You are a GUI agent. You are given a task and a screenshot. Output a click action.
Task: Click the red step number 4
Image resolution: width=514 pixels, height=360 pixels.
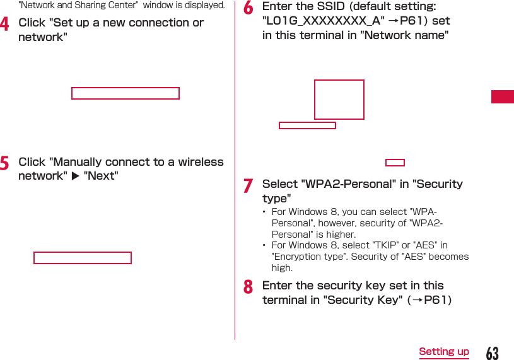coord(4,25)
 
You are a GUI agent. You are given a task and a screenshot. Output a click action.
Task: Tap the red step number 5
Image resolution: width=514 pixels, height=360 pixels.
coord(4,164)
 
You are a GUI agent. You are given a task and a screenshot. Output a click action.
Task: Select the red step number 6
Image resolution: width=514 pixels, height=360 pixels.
coord(248,8)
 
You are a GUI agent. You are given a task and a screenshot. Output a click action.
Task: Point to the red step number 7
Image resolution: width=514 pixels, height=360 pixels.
coord(248,186)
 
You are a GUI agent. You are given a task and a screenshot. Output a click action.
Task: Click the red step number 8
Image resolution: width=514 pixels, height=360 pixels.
coord(248,287)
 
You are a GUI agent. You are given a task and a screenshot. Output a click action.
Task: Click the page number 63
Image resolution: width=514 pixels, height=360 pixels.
coord(492,353)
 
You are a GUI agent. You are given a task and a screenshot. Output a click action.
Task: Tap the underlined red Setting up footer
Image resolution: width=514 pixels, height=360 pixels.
coord(444,352)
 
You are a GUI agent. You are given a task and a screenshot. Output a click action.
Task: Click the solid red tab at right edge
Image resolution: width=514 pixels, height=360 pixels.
coord(503,97)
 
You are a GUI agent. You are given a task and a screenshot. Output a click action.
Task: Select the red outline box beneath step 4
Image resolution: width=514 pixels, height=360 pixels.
coord(126,93)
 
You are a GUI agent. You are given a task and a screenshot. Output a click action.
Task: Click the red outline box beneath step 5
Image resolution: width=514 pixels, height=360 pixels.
coord(83,257)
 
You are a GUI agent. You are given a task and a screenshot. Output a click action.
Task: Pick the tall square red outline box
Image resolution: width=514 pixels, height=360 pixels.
coord(339,100)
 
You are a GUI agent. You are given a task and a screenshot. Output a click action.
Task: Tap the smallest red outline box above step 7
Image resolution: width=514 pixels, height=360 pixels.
coord(395,163)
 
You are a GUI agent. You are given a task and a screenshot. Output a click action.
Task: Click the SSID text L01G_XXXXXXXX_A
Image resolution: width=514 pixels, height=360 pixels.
coord(323,21)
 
